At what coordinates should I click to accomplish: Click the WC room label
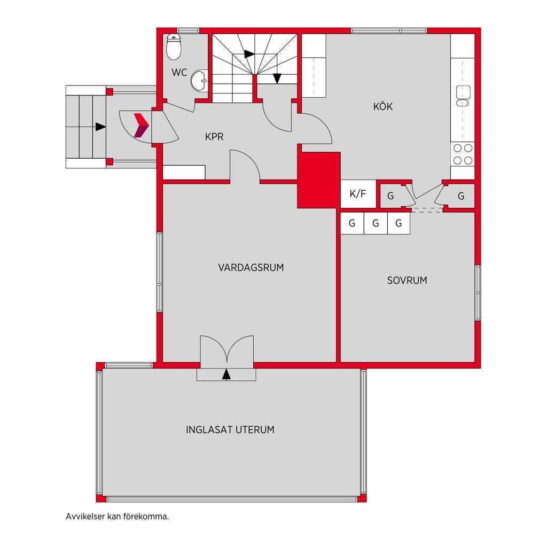click(179, 73)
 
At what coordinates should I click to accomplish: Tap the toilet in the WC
click(174, 47)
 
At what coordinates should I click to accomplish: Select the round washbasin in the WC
click(200, 81)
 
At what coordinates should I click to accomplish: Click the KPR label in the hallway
click(214, 137)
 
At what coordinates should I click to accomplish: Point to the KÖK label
click(382, 106)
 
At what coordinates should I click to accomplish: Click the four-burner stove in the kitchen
click(463, 154)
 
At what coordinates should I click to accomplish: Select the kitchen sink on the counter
click(463, 95)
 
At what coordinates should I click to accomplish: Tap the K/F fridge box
click(358, 193)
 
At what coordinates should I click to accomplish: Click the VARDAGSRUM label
click(251, 268)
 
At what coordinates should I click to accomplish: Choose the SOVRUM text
click(407, 280)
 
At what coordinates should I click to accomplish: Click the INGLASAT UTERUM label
click(230, 429)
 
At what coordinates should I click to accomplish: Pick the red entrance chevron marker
click(142, 125)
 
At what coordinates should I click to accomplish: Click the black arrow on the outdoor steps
click(100, 127)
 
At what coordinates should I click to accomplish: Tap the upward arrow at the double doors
click(226, 374)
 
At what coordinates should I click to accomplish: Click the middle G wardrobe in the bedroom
click(376, 223)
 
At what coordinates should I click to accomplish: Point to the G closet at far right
click(461, 196)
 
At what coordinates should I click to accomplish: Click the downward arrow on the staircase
click(277, 79)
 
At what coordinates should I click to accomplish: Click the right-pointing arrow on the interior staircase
click(249, 54)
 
